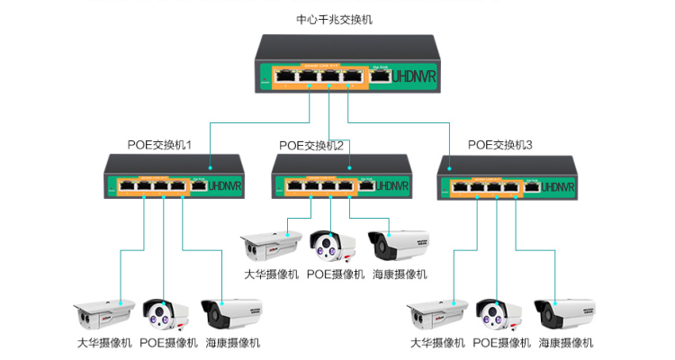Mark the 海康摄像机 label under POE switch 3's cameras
coord(565,343)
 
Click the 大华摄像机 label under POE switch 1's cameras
coord(103,343)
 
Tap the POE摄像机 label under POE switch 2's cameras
coord(335,274)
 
